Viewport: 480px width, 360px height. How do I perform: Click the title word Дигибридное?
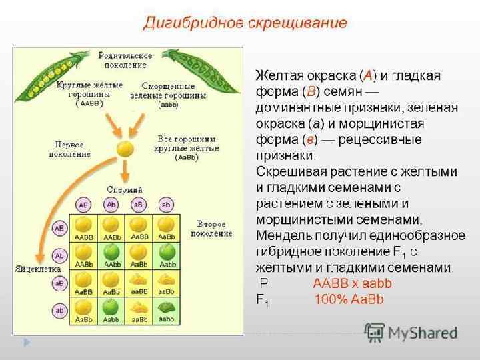pyautogui.click(x=189, y=23)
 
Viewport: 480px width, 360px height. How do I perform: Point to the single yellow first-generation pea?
pyautogui.click(x=125, y=149)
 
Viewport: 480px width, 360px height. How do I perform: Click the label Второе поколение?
pyautogui.click(x=211, y=228)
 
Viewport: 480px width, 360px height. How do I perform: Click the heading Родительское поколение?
pyautogui.click(x=125, y=59)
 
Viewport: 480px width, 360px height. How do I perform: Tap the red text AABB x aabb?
pyautogui.click(x=352, y=283)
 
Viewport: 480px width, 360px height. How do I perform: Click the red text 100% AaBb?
pyautogui.click(x=349, y=299)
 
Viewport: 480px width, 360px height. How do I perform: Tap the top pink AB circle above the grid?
pyautogui.click(x=84, y=204)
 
